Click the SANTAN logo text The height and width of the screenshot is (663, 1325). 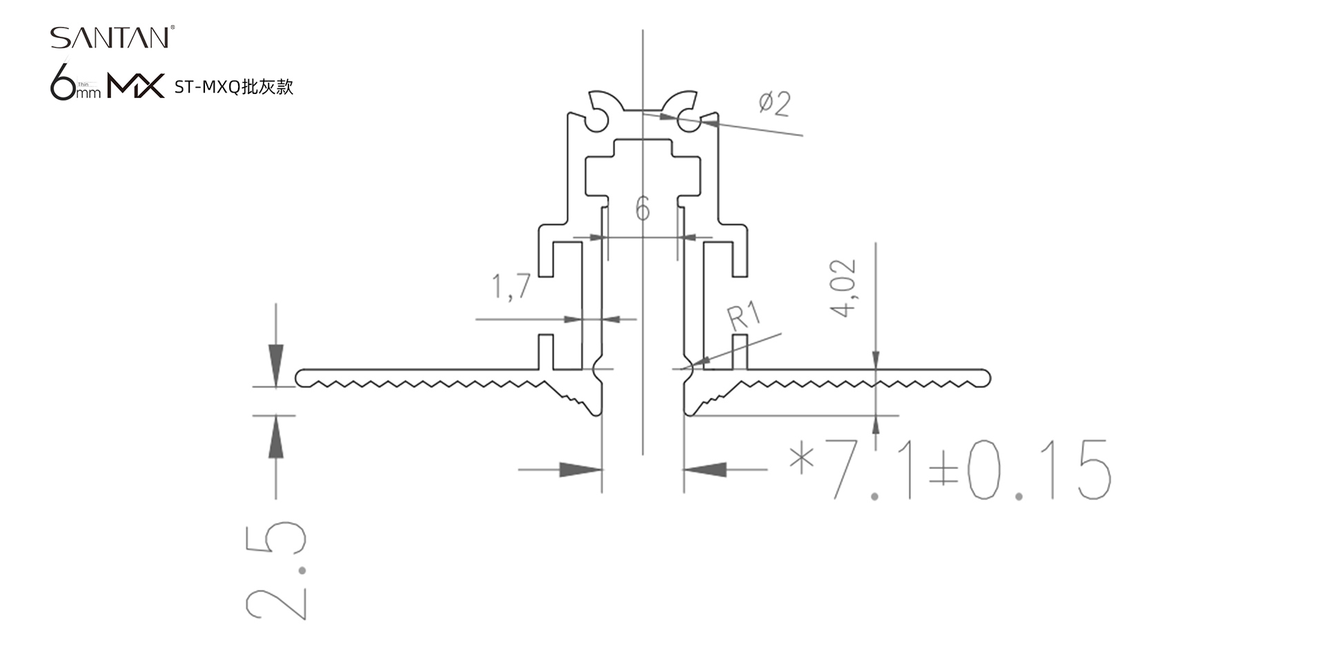click(110, 38)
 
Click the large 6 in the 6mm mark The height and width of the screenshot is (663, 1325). click(63, 82)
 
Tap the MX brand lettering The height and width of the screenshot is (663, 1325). click(136, 86)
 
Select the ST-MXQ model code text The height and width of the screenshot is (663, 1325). click(206, 87)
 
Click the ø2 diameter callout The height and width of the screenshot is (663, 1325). click(774, 104)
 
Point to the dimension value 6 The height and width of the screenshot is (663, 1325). click(642, 209)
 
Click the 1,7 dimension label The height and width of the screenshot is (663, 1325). click(511, 286)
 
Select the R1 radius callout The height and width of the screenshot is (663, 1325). click(744, 316)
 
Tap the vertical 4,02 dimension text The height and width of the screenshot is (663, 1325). click(843, 288)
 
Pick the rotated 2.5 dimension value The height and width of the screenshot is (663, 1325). click(276, 570)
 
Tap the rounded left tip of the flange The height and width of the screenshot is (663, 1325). click(300, 378)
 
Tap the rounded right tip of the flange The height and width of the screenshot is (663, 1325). click(986, 378)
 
